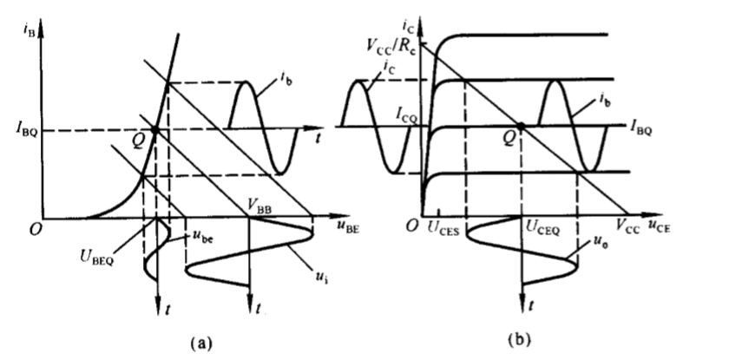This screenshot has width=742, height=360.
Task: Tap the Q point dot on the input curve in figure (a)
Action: tap(154, 131)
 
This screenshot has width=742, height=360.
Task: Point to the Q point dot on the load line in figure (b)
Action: tap(522, 127)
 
